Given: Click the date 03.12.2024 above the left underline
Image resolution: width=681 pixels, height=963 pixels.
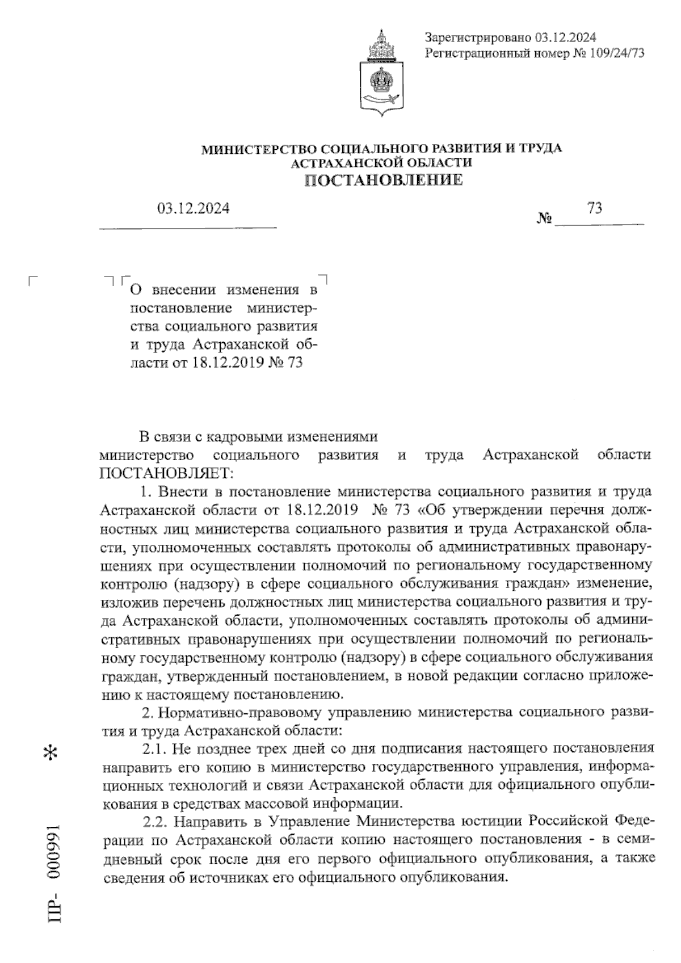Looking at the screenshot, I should pyautogui.click(x=193, y=209).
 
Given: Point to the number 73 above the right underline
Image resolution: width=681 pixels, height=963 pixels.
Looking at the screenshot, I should pyautogui.click(x=595, y=208).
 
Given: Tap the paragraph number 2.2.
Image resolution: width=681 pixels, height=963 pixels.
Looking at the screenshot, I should pyautogui.click(x=153, y=822).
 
